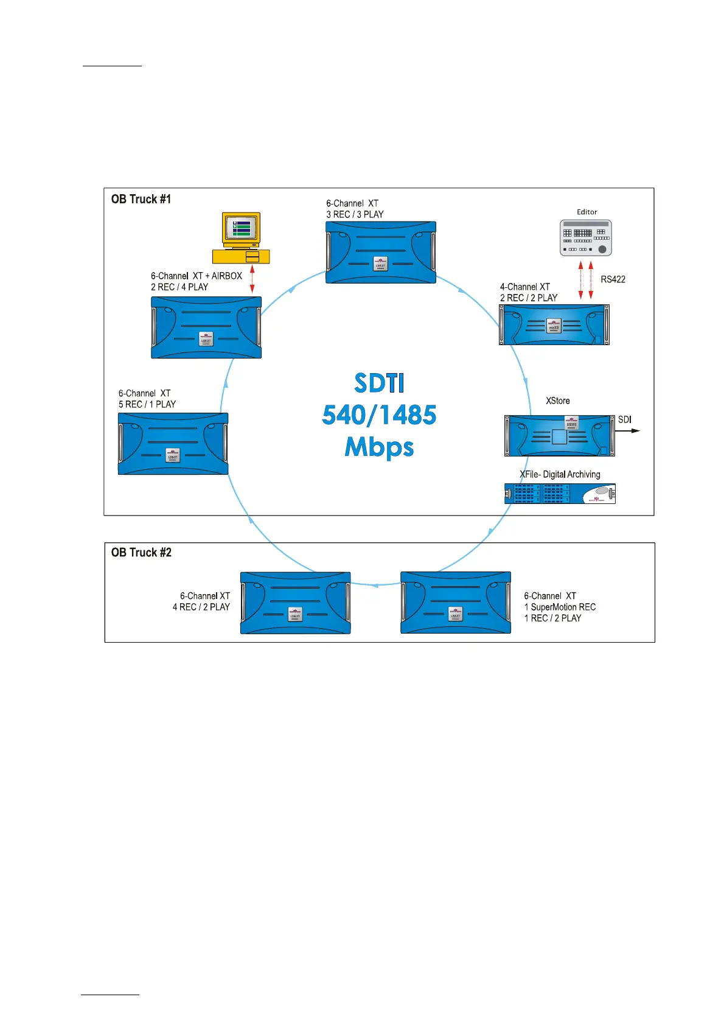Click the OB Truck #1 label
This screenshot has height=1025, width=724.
141,199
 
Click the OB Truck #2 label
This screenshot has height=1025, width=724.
141,553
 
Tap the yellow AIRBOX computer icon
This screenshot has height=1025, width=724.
241,238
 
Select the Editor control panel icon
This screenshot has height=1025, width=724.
585,238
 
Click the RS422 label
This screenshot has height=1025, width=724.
613,279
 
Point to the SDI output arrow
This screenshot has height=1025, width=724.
628,431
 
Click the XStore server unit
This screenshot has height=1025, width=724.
559,435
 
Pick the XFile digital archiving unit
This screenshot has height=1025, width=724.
560,494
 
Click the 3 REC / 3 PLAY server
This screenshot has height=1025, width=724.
381,252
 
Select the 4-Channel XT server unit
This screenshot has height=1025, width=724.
554,325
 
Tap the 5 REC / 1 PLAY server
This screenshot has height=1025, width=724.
173,444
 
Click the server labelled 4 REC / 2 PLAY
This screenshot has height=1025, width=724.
295,603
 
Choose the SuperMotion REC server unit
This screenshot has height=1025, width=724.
456,603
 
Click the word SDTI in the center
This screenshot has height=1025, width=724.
379,383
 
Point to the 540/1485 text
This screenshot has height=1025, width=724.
379,415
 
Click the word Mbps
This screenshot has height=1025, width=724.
379,447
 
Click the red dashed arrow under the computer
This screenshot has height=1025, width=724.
252,281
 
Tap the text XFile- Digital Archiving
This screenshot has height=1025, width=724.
560,474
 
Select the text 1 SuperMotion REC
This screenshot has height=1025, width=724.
560,607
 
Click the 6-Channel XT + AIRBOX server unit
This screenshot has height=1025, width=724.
206,327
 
